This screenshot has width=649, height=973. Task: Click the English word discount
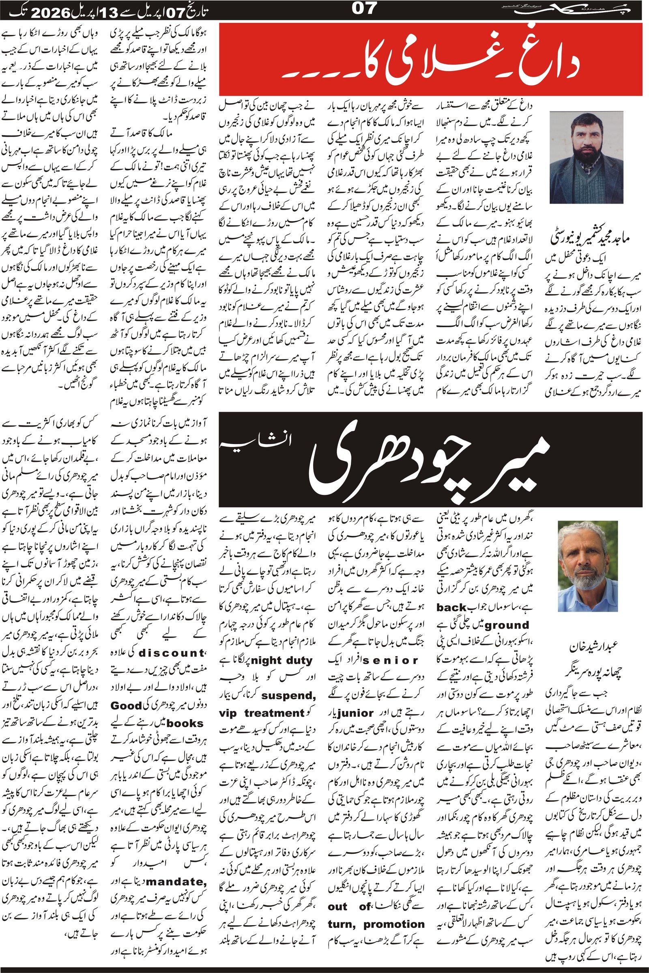[x=171, y=653]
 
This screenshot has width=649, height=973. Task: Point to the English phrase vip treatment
[x=262, y=713]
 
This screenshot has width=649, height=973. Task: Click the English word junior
[x=356, y=713]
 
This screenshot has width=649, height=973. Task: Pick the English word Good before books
[x=126, y=706]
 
